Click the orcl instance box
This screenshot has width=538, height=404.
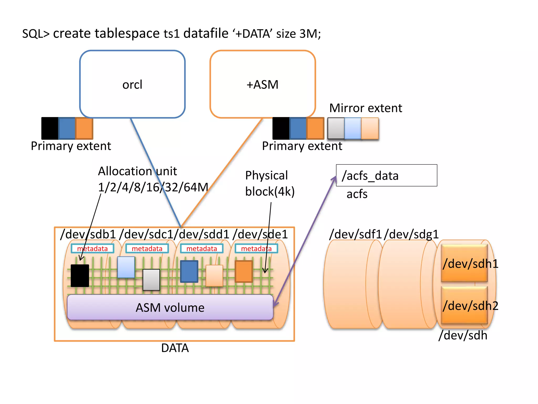click(132, 84)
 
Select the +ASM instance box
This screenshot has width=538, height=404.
click(262, 84)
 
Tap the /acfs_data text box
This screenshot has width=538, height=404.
click(386, 175)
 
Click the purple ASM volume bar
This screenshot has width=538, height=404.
click(170, 307)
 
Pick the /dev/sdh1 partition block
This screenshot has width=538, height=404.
click(464, 263)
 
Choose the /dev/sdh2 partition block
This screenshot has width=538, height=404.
click(464, 305)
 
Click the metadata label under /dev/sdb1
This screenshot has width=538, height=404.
click(92, 249)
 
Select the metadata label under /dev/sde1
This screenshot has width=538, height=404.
click(256, 249)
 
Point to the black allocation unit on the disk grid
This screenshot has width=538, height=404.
click(80, 275)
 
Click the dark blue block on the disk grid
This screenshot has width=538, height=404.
click(189, 271)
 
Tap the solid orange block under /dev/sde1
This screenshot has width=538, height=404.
click(244, 271)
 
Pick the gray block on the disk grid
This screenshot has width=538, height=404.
click(151, 280)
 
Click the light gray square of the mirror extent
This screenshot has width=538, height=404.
click(336, 128)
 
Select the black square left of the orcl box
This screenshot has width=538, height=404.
click(50, 128)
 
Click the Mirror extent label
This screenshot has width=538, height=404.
click(365, 108)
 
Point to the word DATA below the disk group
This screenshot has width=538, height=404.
click(175, 348)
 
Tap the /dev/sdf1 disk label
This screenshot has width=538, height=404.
click(355, 234)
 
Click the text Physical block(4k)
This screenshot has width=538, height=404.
click(270, 183)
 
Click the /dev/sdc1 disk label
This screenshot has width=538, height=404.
click(146, 234)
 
